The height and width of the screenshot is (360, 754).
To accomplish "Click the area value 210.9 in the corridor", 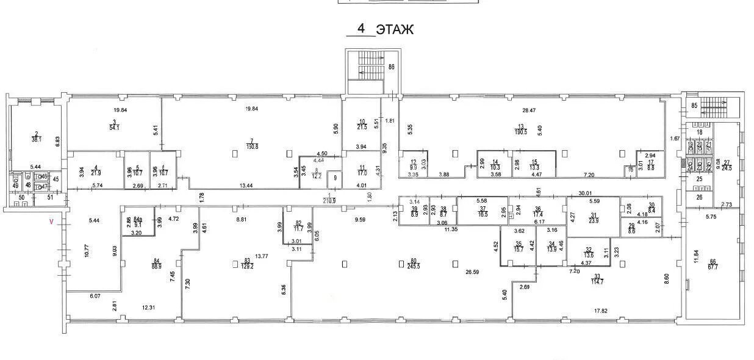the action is click(330, 201).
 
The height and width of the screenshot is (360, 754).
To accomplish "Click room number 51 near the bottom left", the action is click(51, 197).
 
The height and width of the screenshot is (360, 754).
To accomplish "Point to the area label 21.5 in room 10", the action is click(362, 126).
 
